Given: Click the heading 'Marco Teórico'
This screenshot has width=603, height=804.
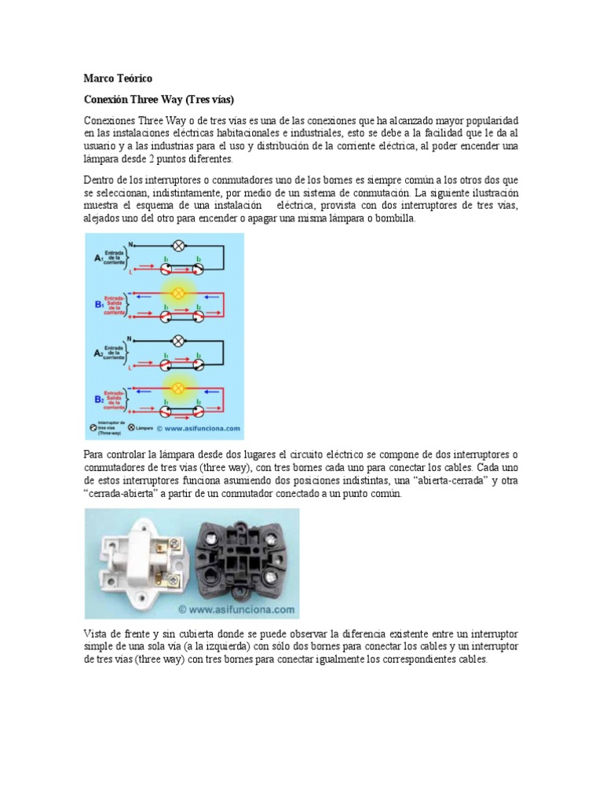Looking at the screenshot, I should pos(119,79).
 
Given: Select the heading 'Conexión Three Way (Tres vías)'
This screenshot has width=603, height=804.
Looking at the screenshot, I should pos(159,100).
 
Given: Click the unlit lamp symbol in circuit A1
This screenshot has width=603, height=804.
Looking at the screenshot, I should pos(178,245).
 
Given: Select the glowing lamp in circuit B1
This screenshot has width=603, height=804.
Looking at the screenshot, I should pos(178,293).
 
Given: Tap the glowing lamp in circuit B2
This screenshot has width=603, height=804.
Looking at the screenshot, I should pos(178,388).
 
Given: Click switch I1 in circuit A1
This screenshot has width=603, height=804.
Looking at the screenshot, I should pos(167,269).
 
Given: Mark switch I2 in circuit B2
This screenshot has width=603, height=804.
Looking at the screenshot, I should pos(199,411).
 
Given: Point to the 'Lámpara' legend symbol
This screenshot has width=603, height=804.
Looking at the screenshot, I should pos(120,429).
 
